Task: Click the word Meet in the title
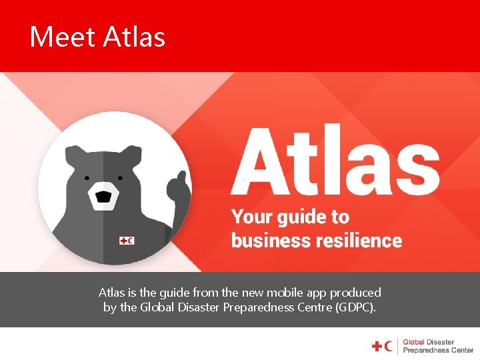(x=62, y=37)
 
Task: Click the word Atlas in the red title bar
(x=134, y=37)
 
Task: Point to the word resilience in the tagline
(x=361, y=240)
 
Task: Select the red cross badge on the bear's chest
(x=126, y=240)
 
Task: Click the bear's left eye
(x=87, y=178)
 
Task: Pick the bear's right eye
(x=119, y=178)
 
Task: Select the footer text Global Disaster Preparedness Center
(x=437, y=346)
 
